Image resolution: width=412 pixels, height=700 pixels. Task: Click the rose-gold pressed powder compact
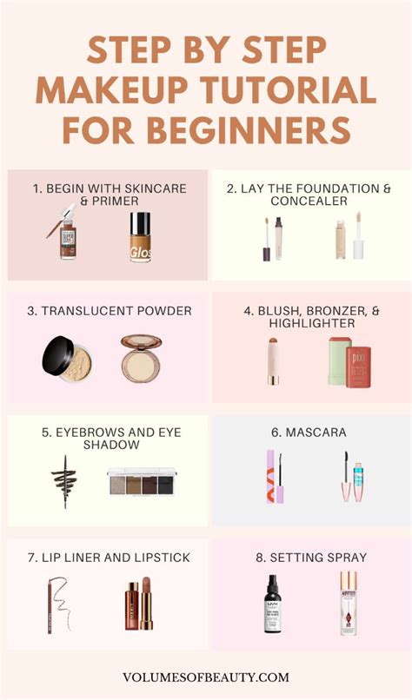[140, 356]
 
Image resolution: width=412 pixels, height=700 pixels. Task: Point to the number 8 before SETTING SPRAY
[258, 558]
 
